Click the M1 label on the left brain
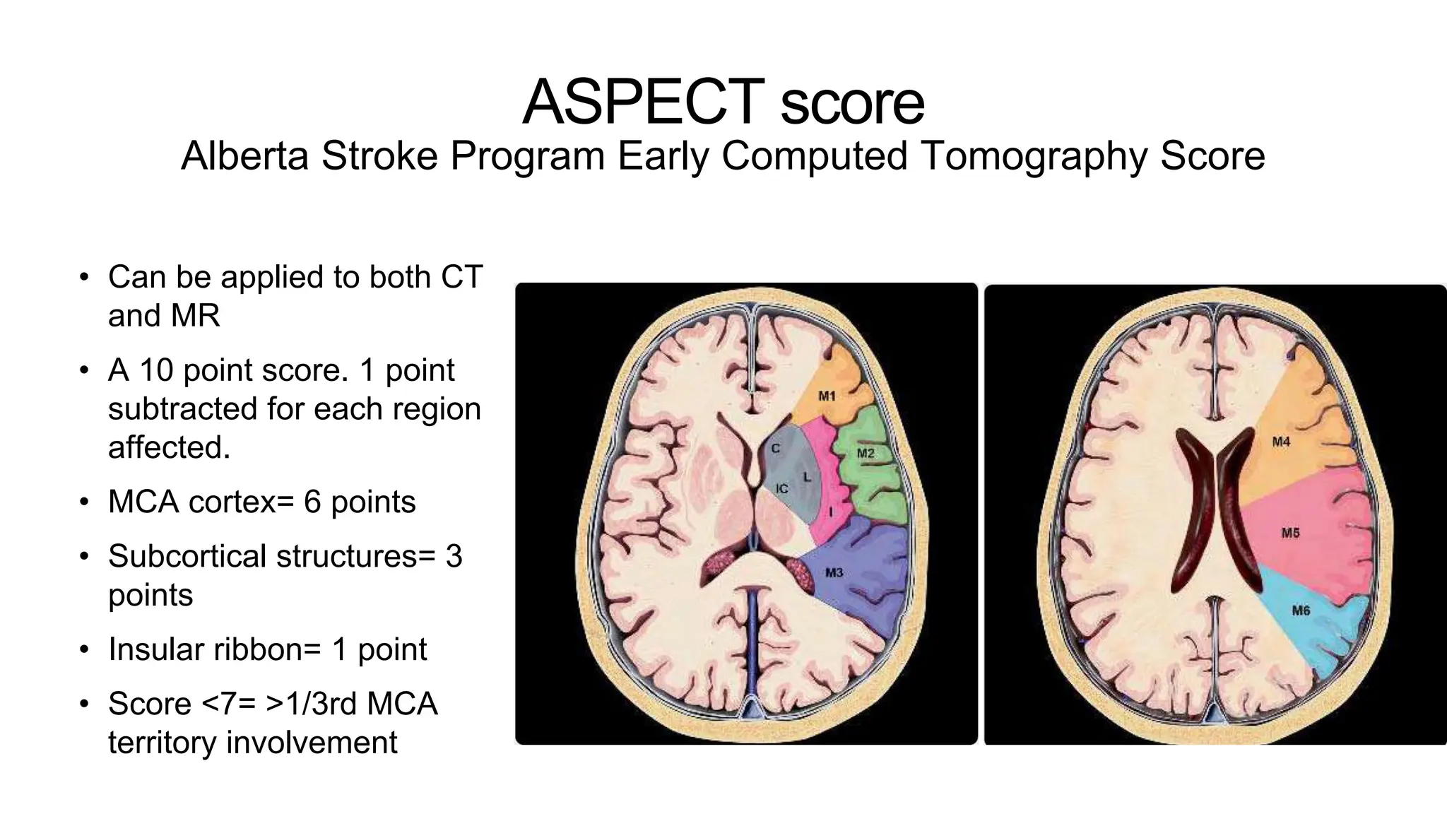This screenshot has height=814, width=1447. point(827,396)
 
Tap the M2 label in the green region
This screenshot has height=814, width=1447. point(866,453)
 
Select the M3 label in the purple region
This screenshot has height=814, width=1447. point(834,572)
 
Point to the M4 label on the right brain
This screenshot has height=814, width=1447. point(1281,442)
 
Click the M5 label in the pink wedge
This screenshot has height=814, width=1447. point(1290,533)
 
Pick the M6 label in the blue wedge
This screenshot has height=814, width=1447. point(1301,610)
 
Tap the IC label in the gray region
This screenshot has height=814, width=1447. point(782,489)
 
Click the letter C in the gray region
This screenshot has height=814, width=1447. point(775,449)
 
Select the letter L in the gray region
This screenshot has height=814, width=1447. point(807,478)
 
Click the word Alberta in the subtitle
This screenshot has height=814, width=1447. point(244,156)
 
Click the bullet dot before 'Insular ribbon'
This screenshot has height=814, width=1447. point(85,650)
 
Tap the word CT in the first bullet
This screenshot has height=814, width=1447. point(461,277)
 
